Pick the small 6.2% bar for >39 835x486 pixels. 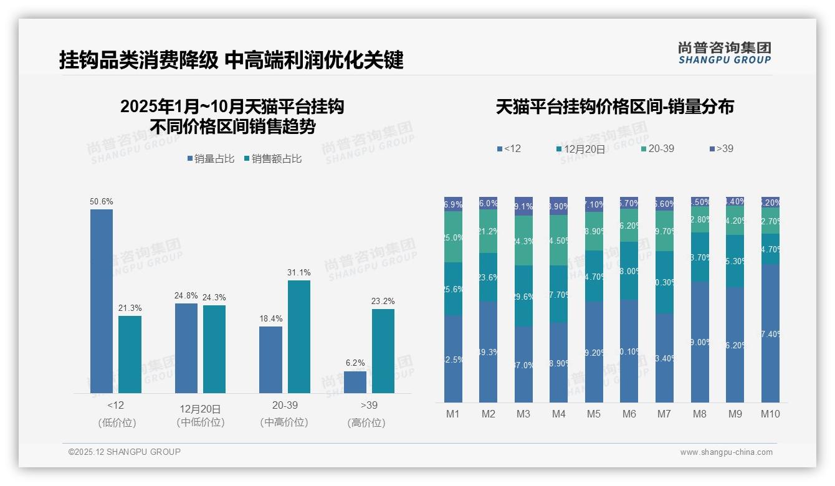pyautogui.click(x=355, y=382)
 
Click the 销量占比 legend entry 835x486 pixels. pyautogui.click(x=211, y=159)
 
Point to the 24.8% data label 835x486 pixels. pyautogui.click(x=186, y=296)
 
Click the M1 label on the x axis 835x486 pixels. pyautogui.click(x=453, y=414)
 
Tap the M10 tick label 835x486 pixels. pyautogui.click(x=770, y=414)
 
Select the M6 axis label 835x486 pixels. pyautogui.click(x=629, y=414)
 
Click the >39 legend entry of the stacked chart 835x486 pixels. pyautogui.click(x=721, y=149)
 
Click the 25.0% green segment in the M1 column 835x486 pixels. pyautogui.click(x=453, y=237)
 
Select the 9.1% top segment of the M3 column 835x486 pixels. pyautogui.click(x=523, y=206)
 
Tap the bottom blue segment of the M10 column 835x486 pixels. pyautogui.click(x=770, y=333)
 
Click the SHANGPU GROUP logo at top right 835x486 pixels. pyautogui.click(x=724, y=53)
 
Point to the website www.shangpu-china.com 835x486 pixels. pyautogui.click(x=726, y=452)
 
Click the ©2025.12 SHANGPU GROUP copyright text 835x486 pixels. pyautogui.click(x=125, y=452)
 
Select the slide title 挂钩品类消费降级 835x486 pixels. pyautogui.click(x=138, y=60)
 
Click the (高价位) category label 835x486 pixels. pyautogui.click(x=366, y=422)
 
